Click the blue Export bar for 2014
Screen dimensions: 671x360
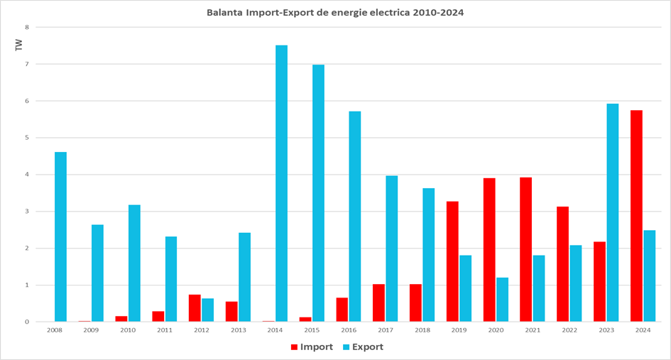click(x=282, y=183)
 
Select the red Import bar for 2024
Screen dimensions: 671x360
click(x=636, y=216)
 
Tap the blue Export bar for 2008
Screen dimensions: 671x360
click(x=61, y=236)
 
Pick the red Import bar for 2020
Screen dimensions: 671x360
click(x=489, y=249)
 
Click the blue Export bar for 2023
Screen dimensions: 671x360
click(x=612, y=212)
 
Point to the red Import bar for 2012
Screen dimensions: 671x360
click(x=195, y=307)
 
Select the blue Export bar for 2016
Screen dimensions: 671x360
click(x=355, y=216)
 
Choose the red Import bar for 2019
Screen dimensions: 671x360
click(x=452, y=261)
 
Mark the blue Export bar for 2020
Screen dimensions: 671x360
click(x=503, y=299)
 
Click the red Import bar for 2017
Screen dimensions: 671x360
click(x=378, y=302)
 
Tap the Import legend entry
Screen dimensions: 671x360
click(x=312, y=347)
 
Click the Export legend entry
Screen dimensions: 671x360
click(x=364, y=347)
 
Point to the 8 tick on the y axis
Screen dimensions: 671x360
click(x=28, y=27)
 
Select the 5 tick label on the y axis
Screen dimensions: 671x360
click(x=28, y=138)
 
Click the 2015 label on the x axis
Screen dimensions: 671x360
click(x=312, y=330)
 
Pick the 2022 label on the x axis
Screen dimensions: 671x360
click(x=569, y=330)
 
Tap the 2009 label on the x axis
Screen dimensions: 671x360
click(x=91, y=330)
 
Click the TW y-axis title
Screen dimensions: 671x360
click(x=19, y=45)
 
